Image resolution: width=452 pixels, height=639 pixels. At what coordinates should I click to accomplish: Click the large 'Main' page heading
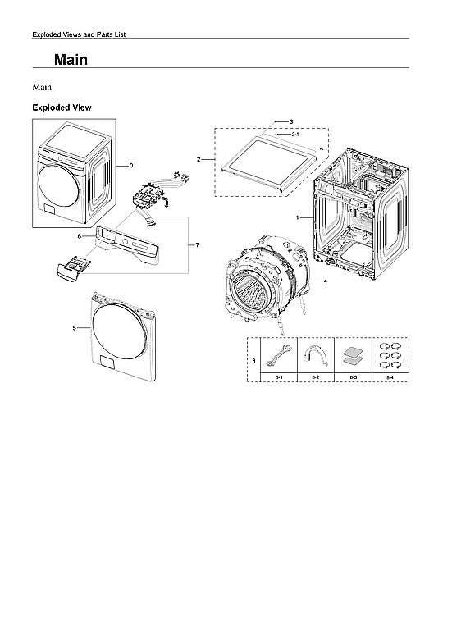[71, 61]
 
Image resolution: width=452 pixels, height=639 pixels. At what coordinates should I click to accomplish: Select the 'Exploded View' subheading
[62, 107]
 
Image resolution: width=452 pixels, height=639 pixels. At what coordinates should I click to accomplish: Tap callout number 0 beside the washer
[130, 165]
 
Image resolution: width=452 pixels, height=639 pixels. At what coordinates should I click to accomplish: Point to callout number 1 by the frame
[299, 217]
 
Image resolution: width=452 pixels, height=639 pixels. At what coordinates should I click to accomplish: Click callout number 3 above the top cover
[291, 121]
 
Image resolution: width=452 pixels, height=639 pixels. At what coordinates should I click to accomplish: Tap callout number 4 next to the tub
[326, 281]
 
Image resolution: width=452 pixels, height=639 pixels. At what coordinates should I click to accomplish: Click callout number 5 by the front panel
[75, 327]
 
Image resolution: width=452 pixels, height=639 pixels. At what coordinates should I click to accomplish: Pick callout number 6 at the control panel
[80, 236]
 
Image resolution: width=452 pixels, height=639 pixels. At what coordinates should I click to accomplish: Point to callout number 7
[197, 245]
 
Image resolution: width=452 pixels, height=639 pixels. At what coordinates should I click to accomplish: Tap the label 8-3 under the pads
[353, 377]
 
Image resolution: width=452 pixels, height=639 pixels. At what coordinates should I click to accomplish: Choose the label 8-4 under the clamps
[389, 377]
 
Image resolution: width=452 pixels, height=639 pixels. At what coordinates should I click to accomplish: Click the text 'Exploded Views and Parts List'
[78, 34]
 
